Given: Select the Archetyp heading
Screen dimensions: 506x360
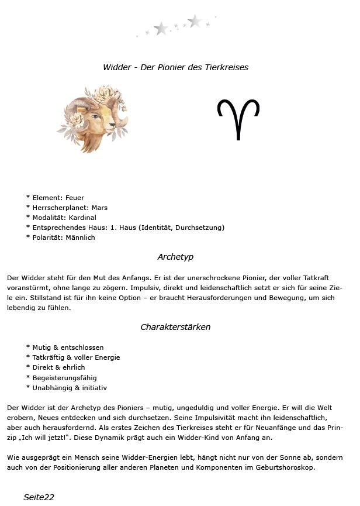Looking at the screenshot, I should [x=175, y=257].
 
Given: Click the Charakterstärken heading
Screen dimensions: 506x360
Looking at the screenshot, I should [x=175, y=327].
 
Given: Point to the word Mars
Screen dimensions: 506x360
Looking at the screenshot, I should [x=100, y=208].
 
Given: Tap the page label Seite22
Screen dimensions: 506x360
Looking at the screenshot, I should [x=39, y=497].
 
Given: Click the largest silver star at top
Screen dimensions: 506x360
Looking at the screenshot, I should [x=195, y=21].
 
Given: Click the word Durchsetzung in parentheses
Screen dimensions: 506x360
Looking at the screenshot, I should [x=200, y=228].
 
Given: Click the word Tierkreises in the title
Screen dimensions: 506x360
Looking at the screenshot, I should [x=226, y=67].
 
